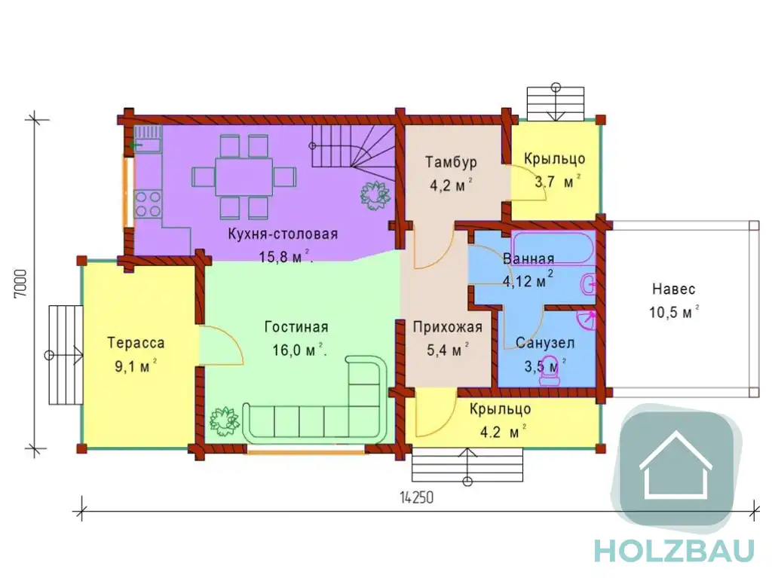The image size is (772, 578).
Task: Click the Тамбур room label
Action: pos(451,163)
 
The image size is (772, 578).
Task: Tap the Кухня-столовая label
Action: pos(283,234)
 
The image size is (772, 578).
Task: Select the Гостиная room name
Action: pos(296,327)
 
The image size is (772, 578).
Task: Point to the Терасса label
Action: pos(136,343)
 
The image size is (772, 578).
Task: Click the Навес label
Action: pos(673,289)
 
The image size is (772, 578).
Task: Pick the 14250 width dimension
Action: pos(416,498)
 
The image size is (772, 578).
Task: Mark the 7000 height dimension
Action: pos(21,283)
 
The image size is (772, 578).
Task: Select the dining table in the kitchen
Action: pos(244,177)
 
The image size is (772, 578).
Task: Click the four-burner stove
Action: pos(149,203)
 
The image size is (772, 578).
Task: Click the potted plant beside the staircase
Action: pos(376,194)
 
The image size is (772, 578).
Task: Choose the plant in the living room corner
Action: pos(225,421)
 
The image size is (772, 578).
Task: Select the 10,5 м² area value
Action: pos(674,312)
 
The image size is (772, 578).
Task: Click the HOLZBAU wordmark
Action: pos(674,550)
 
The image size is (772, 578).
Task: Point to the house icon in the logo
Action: pos(675,465)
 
